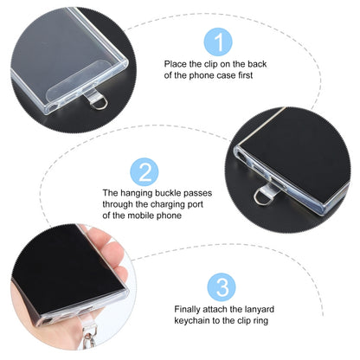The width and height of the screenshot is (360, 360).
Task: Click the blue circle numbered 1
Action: click(218, 42)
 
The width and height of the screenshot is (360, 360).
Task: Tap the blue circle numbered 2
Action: click(145, 172)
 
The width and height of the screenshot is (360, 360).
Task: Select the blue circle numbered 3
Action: click(222, 287)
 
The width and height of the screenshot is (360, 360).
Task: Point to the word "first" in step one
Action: click(246, 75)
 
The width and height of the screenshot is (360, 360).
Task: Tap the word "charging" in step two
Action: click(167, 204)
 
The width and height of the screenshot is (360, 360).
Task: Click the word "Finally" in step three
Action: click(187, 310)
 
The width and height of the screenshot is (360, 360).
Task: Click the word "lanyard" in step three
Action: click(259, 310)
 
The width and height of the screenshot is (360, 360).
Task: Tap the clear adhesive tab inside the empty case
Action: click(75, 81)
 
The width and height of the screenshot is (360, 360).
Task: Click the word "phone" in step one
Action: click(201, 75)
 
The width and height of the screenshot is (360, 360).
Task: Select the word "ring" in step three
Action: click(260, 321)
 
